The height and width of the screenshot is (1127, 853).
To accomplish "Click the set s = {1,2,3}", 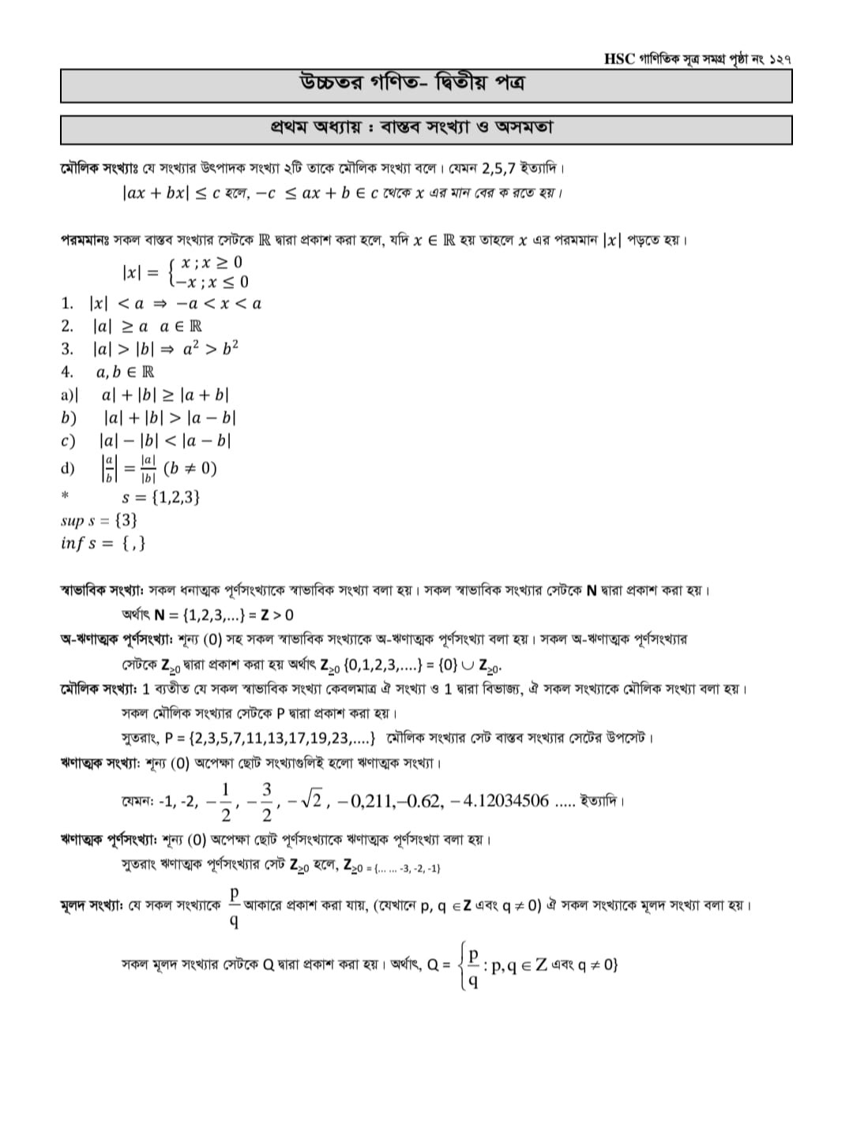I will point(160,497).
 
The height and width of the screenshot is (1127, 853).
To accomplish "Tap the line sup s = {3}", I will point(100,520).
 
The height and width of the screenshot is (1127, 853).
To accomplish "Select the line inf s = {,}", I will point(103,544).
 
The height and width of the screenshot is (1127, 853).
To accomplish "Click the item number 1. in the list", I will point(67,303).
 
